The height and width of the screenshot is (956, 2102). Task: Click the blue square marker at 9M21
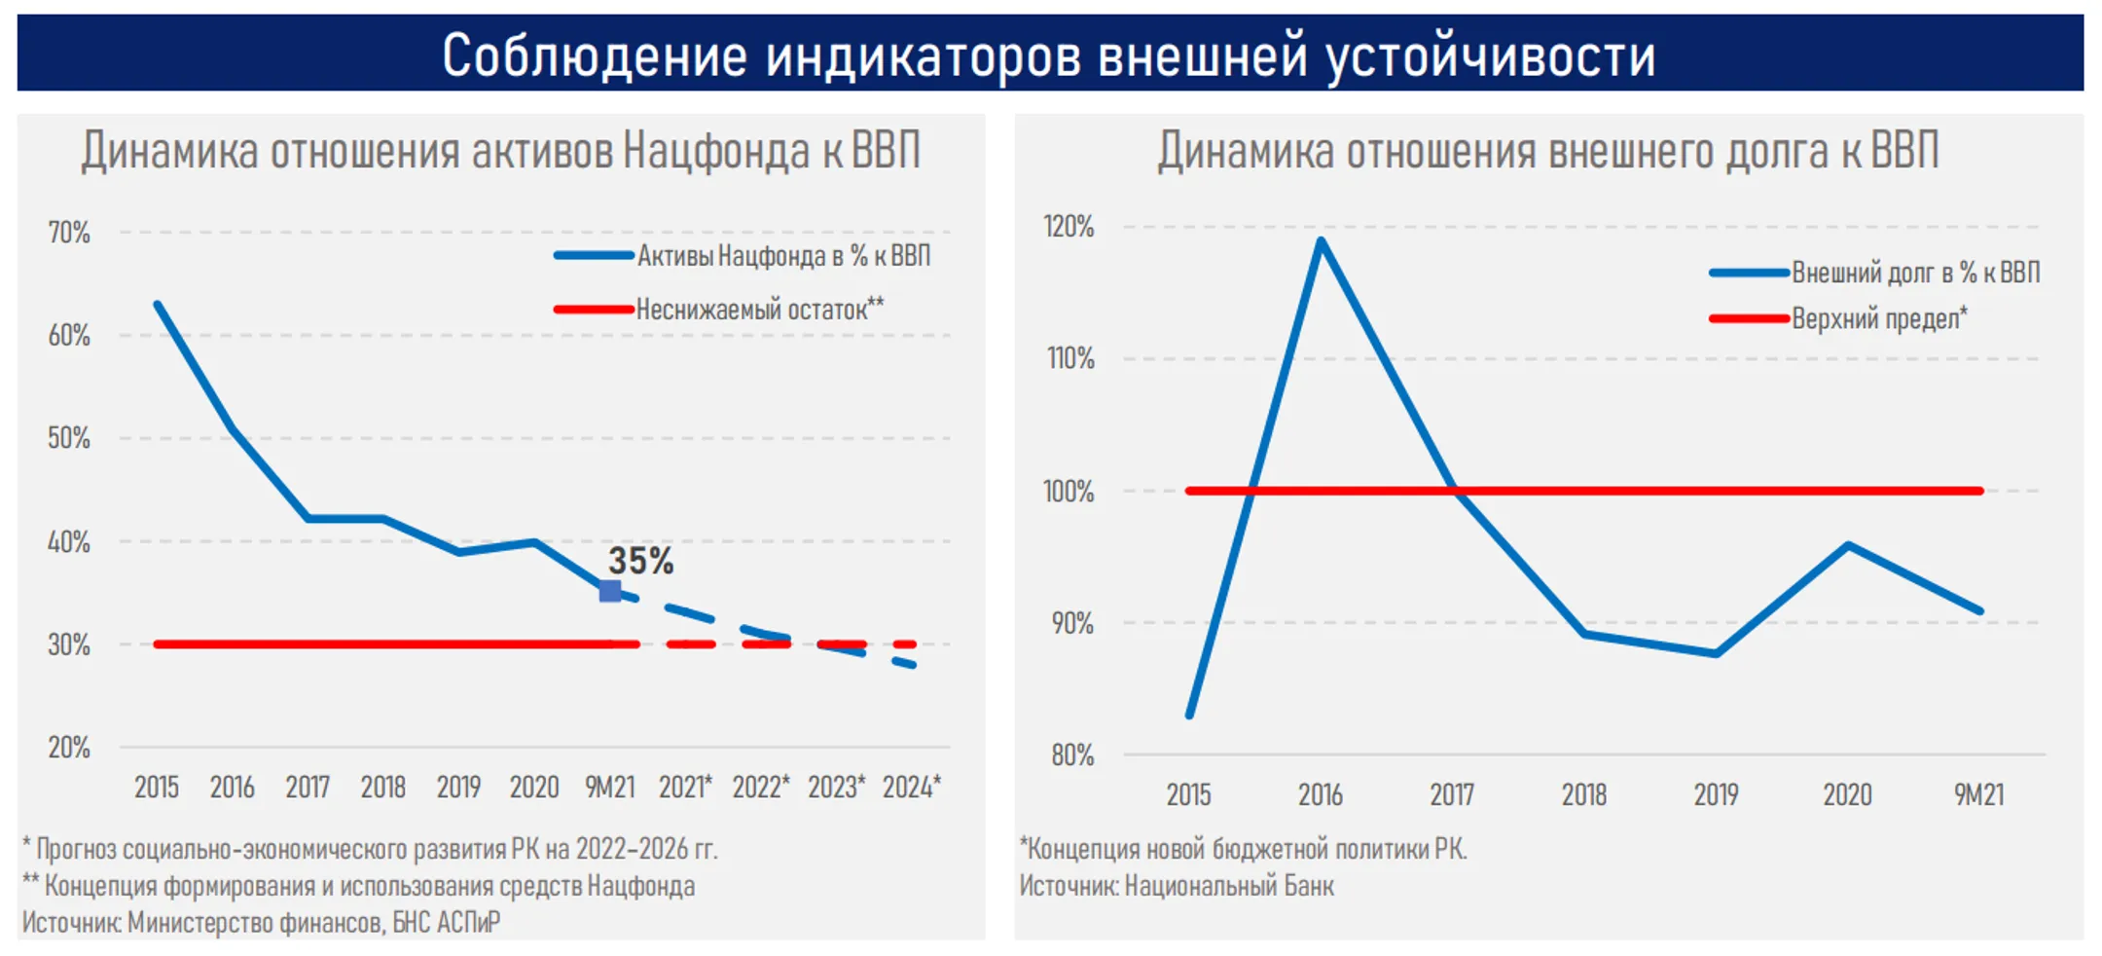click(x=610, y=590)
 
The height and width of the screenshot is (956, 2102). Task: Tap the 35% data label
click(x=640, y=561)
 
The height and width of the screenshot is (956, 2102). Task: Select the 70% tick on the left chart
click(x=69, y=233)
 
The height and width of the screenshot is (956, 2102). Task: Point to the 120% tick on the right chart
click(x=1069, y=226)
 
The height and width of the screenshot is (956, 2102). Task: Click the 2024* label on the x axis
click(x=911, y=787)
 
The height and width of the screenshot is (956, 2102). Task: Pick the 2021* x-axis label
click(x=685, y=787)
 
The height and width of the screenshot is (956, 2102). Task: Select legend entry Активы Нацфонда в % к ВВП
click(x=782, y=256)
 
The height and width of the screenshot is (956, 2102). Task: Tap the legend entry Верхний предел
click(x=1878, y=318)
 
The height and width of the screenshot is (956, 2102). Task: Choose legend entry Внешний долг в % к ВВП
click(x=1915, y=273)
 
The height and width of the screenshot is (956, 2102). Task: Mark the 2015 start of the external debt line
click(x=1190, y=715)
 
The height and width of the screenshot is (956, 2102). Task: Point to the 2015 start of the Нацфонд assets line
click(x=158, y=305)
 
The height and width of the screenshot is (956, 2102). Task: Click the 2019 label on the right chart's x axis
click(x=1716, y=794)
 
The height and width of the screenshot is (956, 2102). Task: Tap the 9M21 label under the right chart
click(x=1978, y=794)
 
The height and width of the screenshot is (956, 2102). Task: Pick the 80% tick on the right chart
click(x=1071, y=754)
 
